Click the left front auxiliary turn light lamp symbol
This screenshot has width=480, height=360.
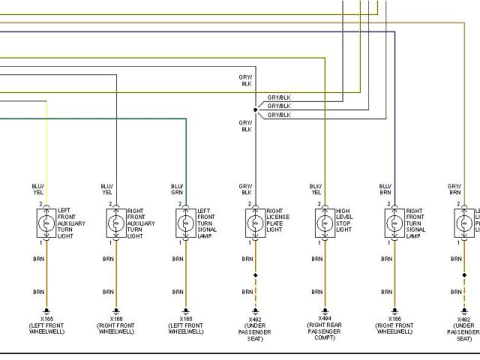pos(47,223)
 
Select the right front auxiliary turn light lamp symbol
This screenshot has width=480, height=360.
pos(116,223)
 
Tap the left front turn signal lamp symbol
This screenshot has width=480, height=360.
pos(186,223)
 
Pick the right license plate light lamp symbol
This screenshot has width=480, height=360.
pos(255,223)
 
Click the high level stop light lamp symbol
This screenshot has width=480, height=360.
pos(325,223)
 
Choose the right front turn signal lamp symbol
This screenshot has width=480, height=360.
pos(394,223)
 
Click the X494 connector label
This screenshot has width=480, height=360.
pos(325,318)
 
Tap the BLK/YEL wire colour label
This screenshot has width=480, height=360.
pos(316,188)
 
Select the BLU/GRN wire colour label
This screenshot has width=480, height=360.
pos(177,188)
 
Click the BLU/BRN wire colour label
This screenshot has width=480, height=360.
pos(385,188)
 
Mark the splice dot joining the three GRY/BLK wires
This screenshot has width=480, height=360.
pos(255,109)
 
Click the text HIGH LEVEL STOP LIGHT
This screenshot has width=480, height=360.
pos(344,220)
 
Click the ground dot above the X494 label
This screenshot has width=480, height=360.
pos(325,309)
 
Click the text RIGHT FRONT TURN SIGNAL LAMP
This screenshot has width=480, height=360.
pos(415,223)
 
